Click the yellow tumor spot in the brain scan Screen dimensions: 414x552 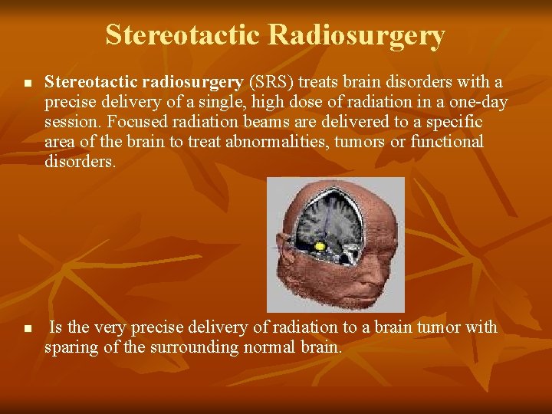click(320, 246)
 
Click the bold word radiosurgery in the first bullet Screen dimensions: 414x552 click(195, 82)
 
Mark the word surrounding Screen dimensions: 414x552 click(183, 347)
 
